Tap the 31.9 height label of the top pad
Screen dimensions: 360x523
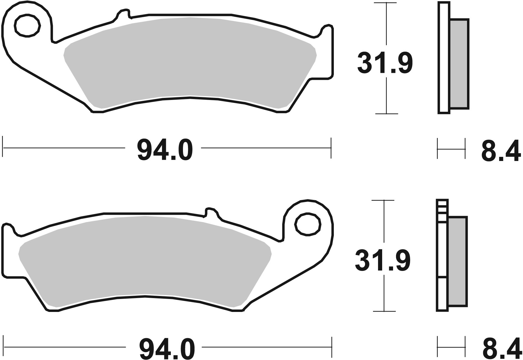tap(385, 63)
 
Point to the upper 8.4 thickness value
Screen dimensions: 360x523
tap(500, 151)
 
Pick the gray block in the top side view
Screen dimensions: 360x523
tap(459, 63)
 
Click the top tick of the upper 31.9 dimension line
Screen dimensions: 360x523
tap(386, 3)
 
